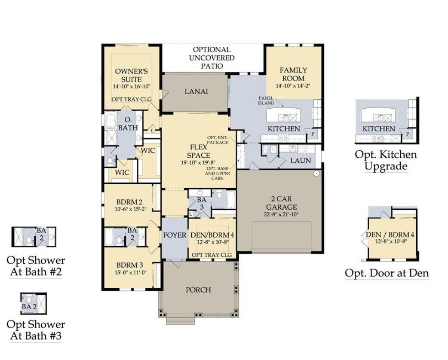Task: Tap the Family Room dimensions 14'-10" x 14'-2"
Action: (293, 86)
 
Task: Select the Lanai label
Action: (196, 91)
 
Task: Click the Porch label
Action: (198, 290)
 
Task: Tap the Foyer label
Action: (175, 235)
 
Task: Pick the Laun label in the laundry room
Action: (300, 161)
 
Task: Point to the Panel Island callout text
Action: (266, 101)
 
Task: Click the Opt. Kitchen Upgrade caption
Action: (386, 160)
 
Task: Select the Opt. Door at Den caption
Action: (387, 273)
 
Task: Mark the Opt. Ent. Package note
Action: (218, 139)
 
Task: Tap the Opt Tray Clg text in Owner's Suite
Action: (132, 99)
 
